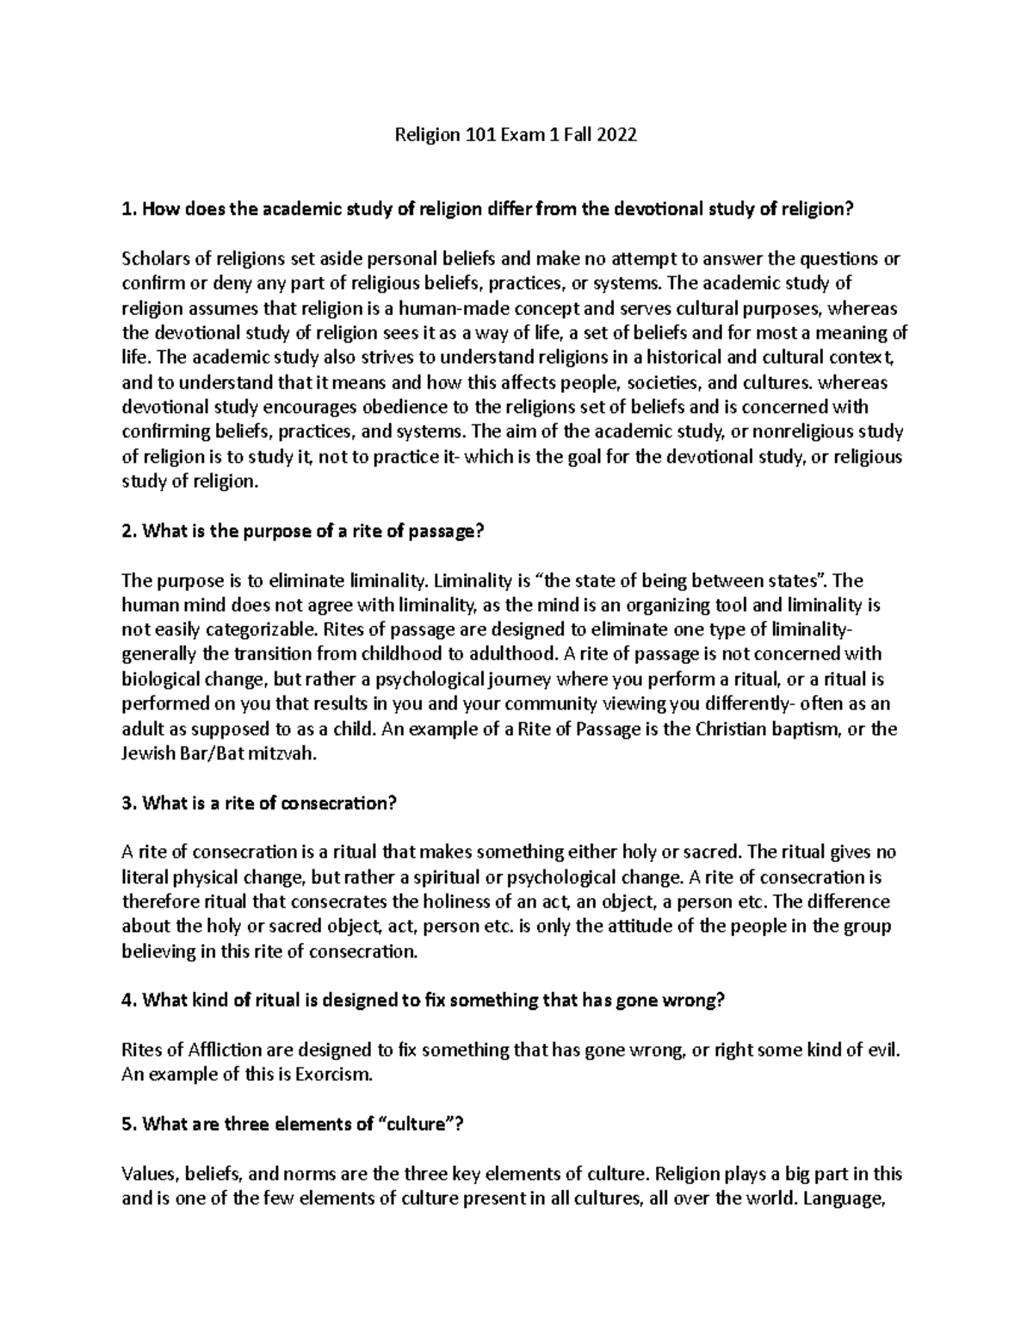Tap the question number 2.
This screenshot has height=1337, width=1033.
[x=128, y=531]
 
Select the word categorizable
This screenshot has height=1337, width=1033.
[x=218, y=630]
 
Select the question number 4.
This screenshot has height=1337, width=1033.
[x=128, y=1000]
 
